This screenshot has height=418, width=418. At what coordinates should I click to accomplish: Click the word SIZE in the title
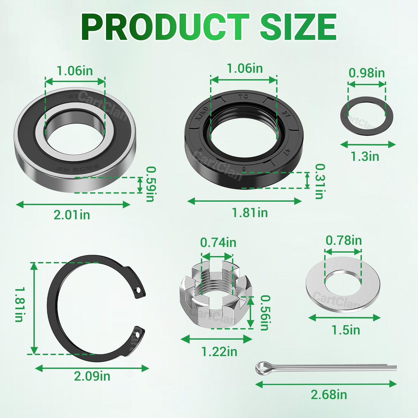tap(298, 27)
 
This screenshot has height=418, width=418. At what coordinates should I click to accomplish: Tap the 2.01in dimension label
tap(72, 215)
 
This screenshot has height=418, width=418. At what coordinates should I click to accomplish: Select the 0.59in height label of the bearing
tap(151, 184)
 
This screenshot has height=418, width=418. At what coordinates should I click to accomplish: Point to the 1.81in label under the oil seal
tap(250, 213)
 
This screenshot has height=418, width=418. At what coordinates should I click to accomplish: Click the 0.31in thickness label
tap(320, 181)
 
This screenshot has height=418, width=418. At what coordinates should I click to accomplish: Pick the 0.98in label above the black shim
tap(367, 73)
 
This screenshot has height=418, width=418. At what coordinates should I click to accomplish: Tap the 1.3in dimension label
tap(365, 156)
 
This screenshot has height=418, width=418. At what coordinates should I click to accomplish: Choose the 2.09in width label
tap(92, 376)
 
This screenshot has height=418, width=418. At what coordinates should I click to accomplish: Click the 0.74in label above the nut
tap(218, 243)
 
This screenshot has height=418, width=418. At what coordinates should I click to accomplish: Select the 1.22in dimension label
tap(219, 352)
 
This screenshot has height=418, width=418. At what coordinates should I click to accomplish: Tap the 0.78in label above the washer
tap(344, 240)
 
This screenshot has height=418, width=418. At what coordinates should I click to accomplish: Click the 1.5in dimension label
tap(346, 330)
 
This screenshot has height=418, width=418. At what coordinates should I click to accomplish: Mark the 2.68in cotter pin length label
tap(329, 394)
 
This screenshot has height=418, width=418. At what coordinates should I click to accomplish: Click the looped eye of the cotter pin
tap(262, 368)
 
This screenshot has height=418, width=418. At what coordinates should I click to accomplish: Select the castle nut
tap(216, 295)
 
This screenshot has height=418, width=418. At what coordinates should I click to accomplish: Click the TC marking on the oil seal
tap(243, 96)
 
